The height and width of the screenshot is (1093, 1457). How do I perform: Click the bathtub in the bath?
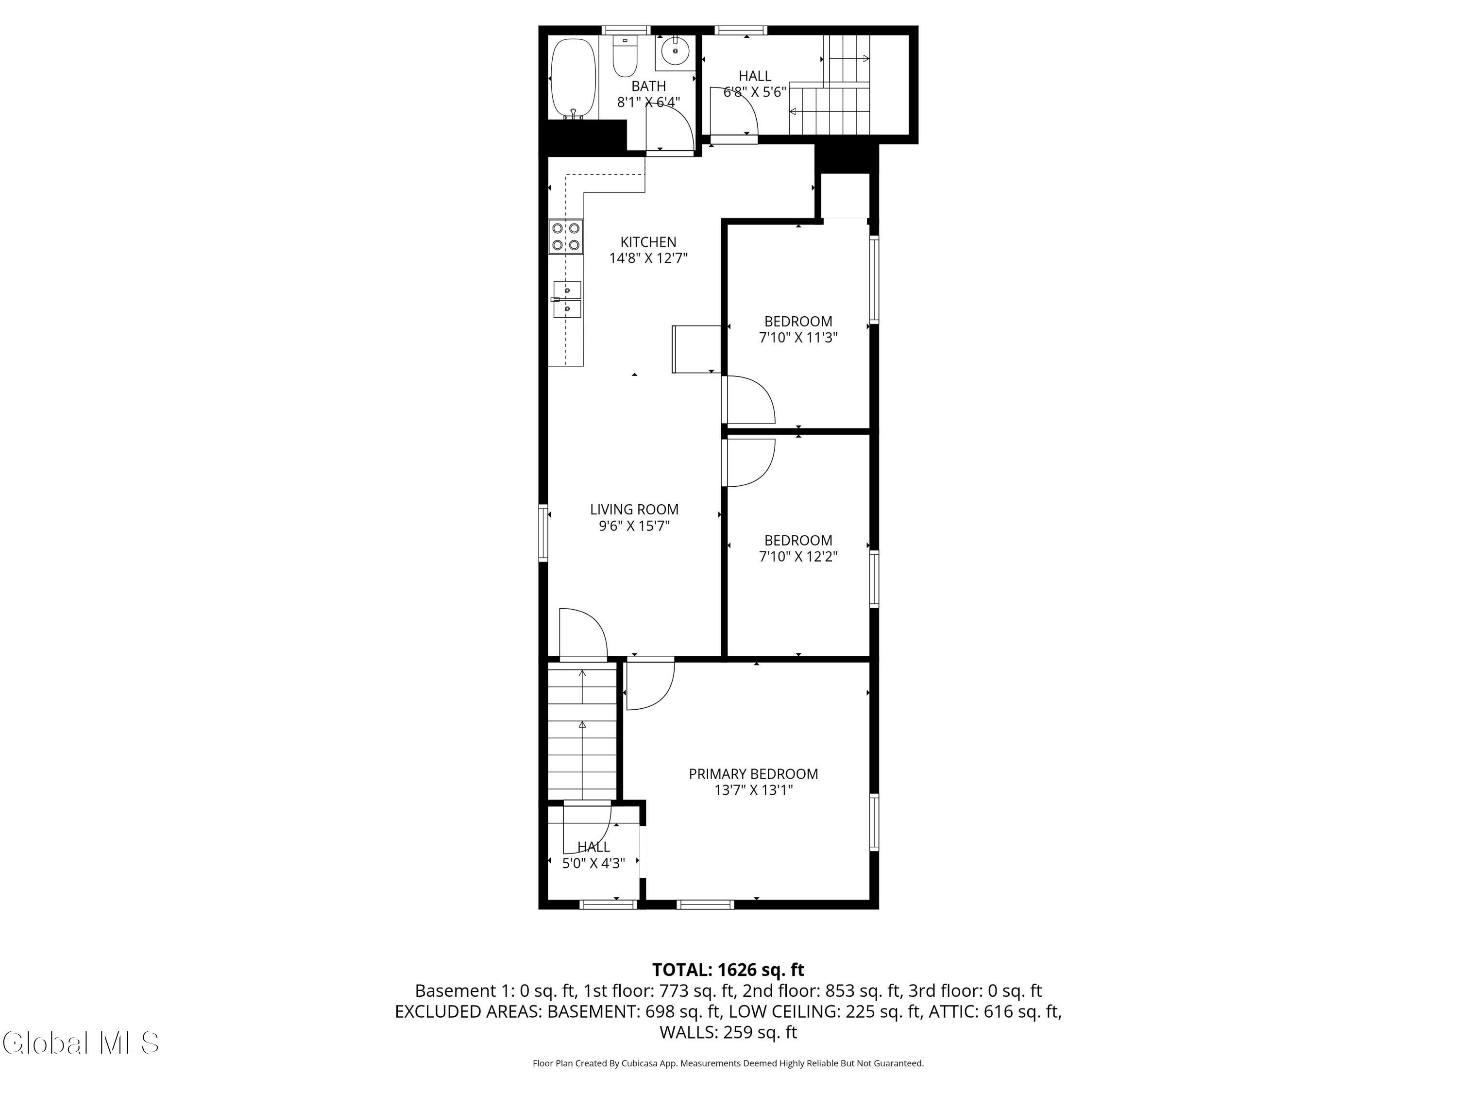click(573, 79)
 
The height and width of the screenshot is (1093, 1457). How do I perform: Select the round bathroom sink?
click(675, 50)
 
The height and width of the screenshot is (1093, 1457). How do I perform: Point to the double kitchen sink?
click(567, 299)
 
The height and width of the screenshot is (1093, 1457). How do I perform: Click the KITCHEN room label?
click(648, 242)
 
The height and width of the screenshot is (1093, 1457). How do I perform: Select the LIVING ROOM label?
click(634, 509)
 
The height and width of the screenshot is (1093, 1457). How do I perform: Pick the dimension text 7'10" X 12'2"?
click(798, 557)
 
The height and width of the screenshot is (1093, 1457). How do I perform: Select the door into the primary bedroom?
click(649, 685)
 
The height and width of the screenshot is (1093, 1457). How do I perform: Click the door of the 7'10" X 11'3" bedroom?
click(749, 400)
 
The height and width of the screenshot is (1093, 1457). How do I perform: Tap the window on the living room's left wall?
click(543, 532)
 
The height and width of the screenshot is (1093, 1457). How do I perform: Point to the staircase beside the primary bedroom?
click(582, 731)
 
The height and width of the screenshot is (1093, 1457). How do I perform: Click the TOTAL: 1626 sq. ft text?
click(728, 970)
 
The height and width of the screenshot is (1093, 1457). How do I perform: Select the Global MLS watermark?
click(80, 1043)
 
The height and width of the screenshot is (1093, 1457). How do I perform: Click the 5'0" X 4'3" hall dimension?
click(593, 863)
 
